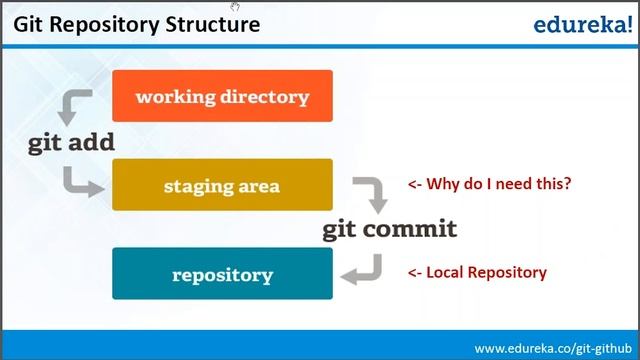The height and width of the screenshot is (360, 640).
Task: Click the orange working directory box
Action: (222, 96)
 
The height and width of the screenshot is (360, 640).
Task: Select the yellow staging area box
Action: (222, 185)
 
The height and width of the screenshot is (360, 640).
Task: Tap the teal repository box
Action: (222, 273)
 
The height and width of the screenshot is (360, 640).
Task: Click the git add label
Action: (71, 142)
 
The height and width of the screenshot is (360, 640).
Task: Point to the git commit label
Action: (389, 229)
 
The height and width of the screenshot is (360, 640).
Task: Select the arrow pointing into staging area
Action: (82, 181)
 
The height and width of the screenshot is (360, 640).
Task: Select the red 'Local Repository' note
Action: (476, 272)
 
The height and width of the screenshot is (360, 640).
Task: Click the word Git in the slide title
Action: (30, 23)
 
